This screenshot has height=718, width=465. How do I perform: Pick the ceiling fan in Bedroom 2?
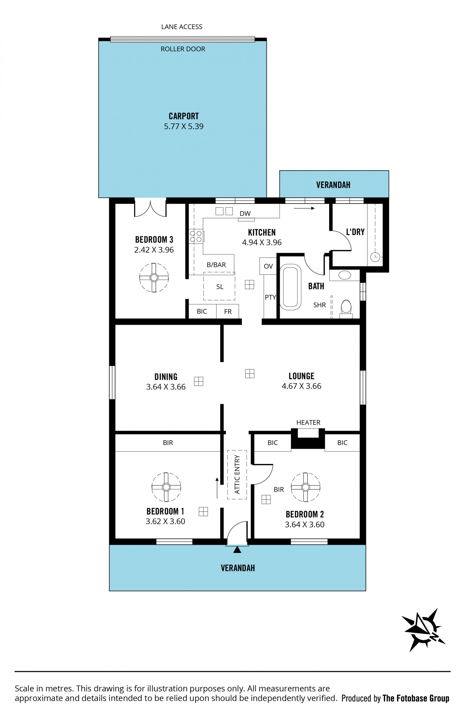click(x=305, y=487)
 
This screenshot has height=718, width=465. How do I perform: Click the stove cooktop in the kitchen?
click(x=196, y=236)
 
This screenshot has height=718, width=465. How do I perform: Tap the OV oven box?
click(x=268, y=266)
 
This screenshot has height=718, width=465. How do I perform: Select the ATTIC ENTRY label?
click(x=237, y=474)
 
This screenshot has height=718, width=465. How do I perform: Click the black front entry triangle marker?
click(x=237, y=550)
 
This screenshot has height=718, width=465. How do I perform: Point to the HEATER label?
click(x=308, y=422)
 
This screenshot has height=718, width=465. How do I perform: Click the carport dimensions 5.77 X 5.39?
click(x=184, y=126)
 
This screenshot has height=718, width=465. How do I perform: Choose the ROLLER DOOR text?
click(x=183, y=49)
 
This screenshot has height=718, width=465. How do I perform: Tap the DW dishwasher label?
click(x=245, y=214)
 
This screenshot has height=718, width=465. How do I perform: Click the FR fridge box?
click(x=227, y=311)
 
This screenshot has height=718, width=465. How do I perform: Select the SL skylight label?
click(x=220, y=287)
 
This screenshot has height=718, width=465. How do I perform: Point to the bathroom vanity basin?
click(x=345, y=275)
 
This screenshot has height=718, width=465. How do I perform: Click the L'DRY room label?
click(x=355, y=232)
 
